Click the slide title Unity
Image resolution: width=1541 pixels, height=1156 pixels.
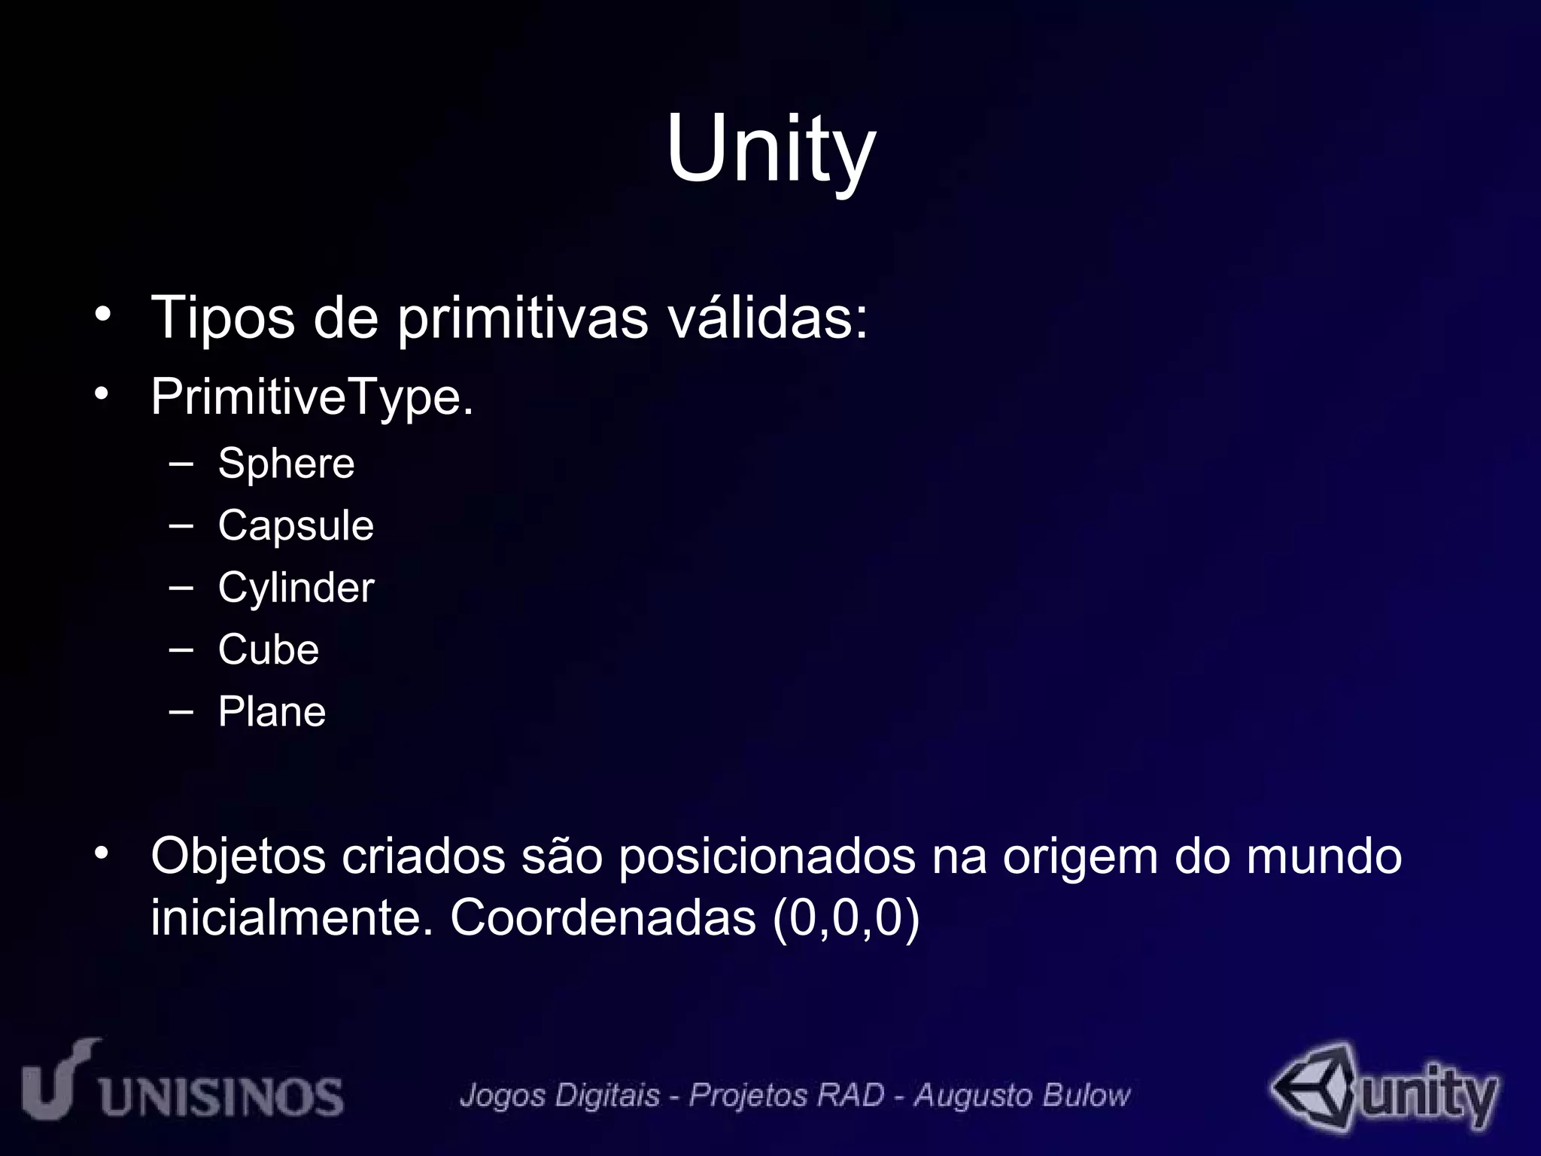point(770,148)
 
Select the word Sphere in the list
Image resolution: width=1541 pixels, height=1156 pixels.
point(286,463)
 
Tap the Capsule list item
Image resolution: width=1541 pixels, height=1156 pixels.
point(296,525)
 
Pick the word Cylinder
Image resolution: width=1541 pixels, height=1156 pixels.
point(296,588)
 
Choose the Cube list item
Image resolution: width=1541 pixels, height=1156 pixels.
point(269,649)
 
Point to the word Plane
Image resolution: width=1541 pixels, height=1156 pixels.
point(272,712)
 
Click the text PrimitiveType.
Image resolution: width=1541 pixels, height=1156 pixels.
point(312,397)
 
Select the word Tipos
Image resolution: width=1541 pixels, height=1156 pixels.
point(223,318)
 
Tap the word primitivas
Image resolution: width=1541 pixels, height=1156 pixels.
point(522,318)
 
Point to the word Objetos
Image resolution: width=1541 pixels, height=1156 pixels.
point(238,857)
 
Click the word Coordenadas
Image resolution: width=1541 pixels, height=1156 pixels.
point(603,918)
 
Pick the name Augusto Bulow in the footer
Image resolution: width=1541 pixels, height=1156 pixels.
point(1022,1095)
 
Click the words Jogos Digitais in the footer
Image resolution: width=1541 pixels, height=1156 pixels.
point(560,1095)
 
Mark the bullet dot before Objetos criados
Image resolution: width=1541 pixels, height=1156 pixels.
point(102,853)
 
